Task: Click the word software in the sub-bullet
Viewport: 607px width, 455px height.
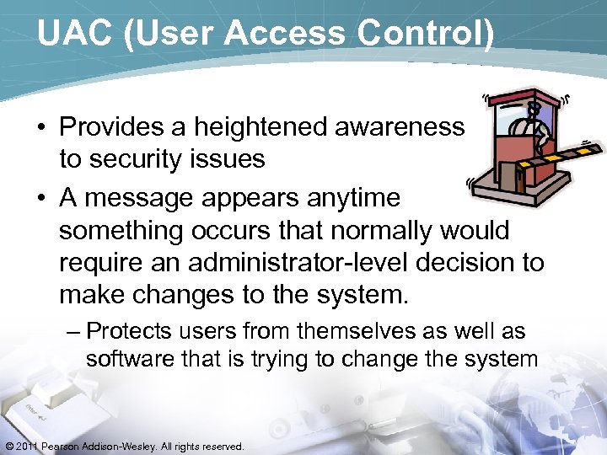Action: [126, 359]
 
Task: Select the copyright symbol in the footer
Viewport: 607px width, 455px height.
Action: [9, 446]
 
